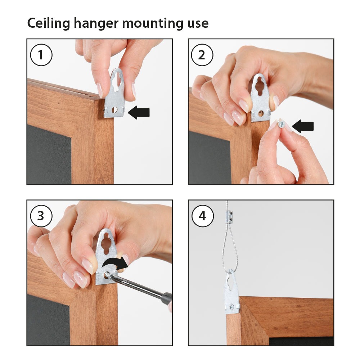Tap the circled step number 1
tap(41, 55)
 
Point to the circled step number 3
tap(41, 216)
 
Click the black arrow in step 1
tap(139, 112)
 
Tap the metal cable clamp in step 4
tap(227, 217)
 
